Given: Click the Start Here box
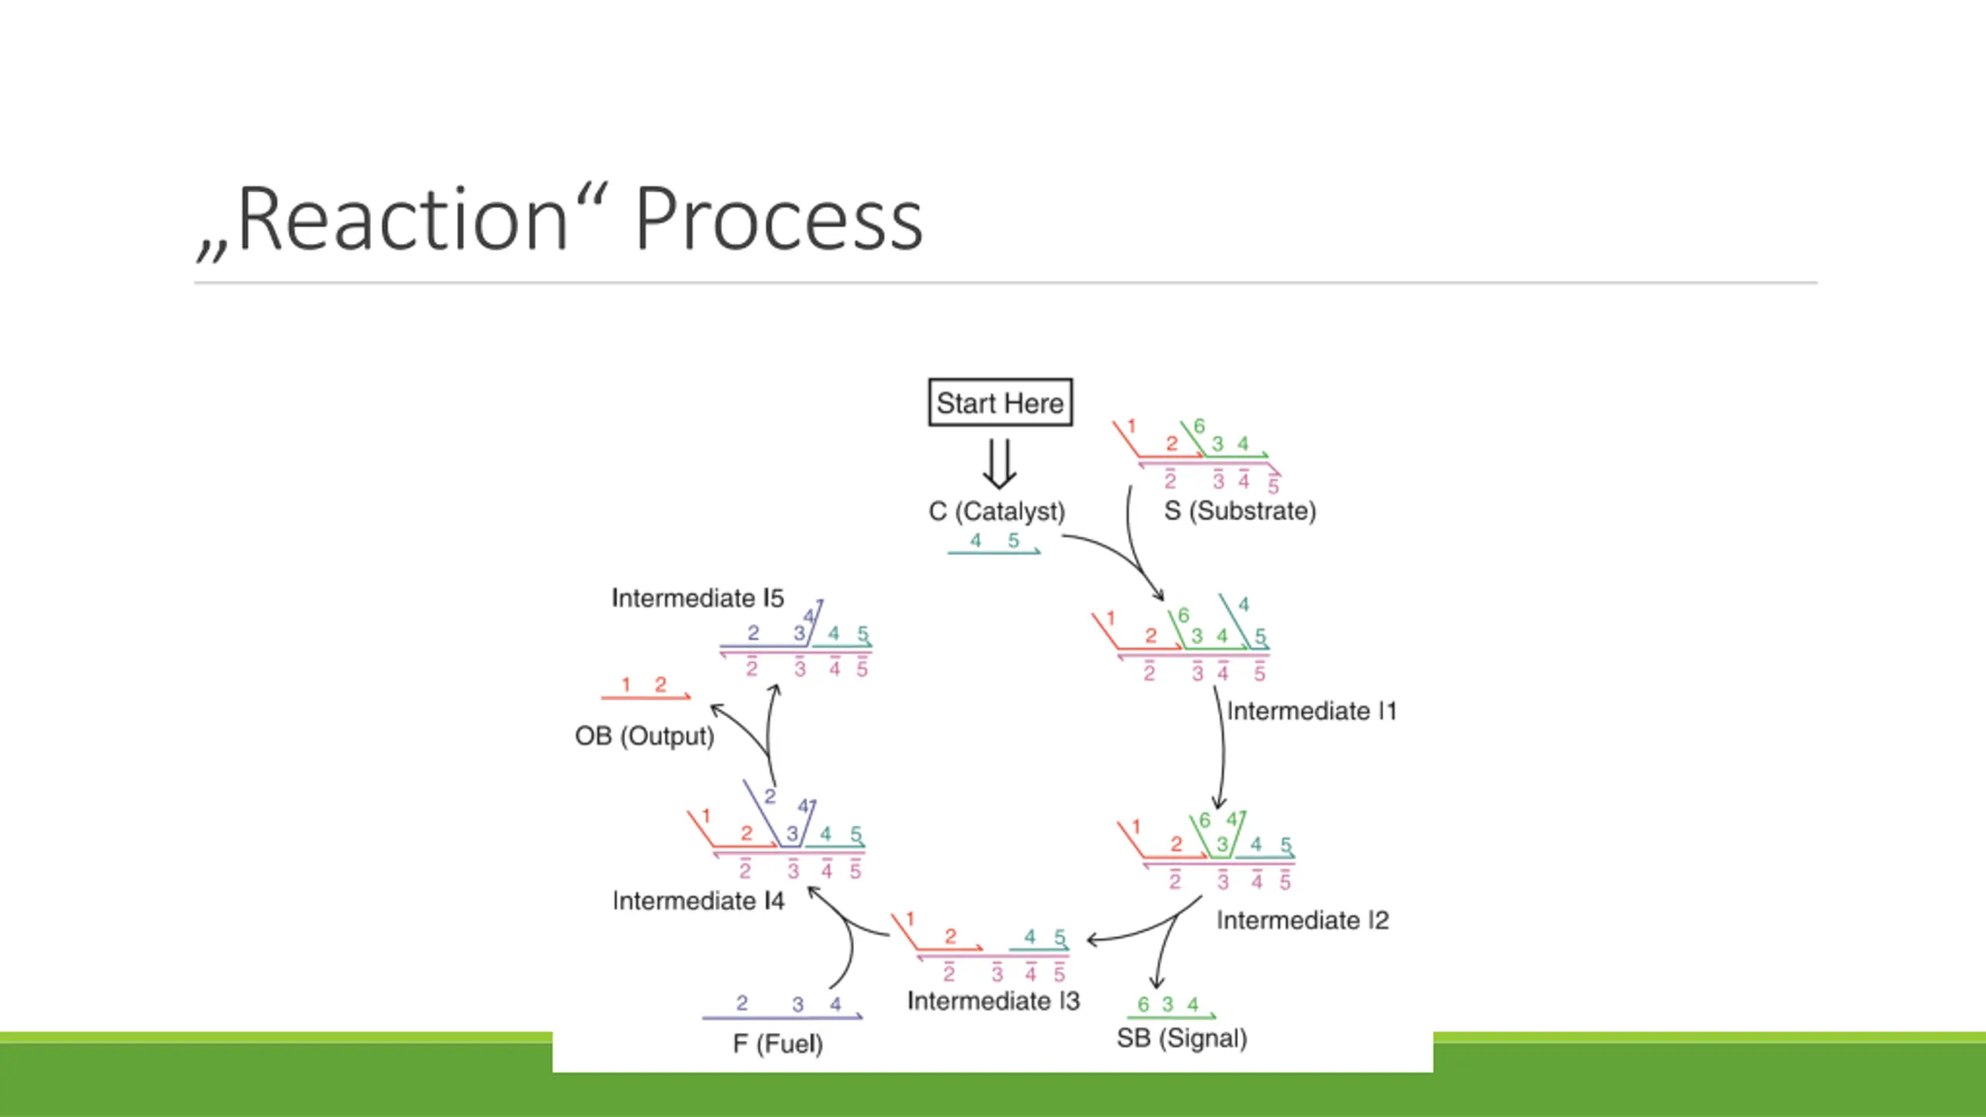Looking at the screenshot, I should (x=1000, y=403).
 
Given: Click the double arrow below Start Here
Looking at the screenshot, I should (x=999, y=464).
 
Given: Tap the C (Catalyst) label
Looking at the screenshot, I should (x=997, y=512).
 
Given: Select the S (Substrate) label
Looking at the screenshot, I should (x=1240, y=511).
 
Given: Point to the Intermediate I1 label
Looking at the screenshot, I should (x=1311, y=711).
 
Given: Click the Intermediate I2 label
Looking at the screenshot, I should (x=1303, y=921).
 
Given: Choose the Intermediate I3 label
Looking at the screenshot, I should (x=993, y=1001).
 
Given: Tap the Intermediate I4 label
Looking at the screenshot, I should (x=698, y=901).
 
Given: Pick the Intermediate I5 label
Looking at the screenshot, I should (x=697, y=598).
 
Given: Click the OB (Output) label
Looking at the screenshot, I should (x=644, y=736).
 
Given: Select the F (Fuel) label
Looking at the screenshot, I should (x=777, y=1044).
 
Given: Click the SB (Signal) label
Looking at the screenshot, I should (x=1182, y=1039).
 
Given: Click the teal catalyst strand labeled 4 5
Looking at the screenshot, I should (x=994, y=552).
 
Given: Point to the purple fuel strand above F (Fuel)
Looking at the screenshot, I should (x=782, y=1016).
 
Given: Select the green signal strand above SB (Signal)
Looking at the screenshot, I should (x=1171, y=1016).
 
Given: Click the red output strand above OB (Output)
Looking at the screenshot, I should (x=645, y=697).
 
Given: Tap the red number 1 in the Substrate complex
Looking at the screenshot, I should (x=1131, y=426).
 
